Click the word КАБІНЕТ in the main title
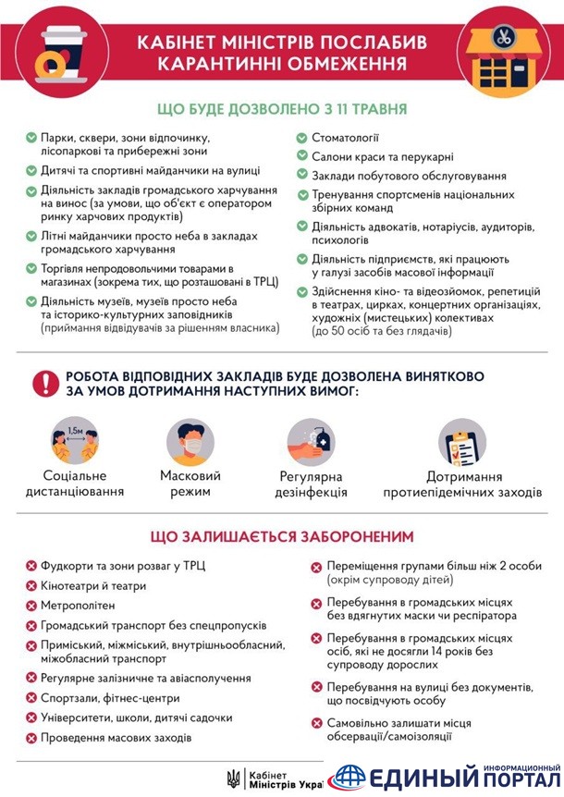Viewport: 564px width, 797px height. (180, 43)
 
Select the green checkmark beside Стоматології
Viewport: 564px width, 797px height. (302, 138)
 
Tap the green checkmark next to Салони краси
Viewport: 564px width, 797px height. (302, 156)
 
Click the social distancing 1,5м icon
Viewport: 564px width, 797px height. (75, 442)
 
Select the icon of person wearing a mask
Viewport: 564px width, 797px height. (190, 442)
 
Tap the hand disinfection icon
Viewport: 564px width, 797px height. (312, 442)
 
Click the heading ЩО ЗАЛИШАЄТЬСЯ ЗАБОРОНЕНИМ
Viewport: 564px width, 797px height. (282, 537)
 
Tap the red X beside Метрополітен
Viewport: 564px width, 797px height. (31, 605)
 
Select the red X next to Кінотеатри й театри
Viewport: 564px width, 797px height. (31, 585)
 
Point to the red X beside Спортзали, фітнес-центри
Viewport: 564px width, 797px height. (31, 698)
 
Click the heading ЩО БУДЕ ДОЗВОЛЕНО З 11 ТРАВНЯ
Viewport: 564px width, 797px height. (282, 109)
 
